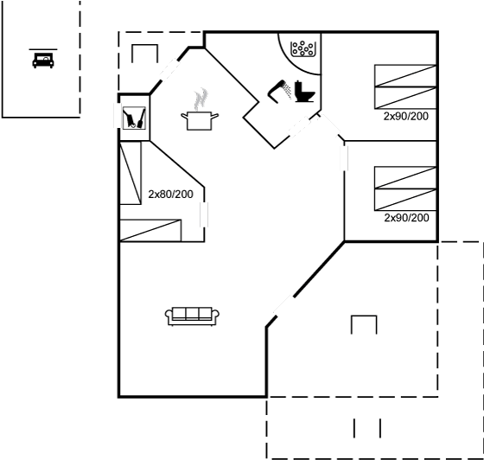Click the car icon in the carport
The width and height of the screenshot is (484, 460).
(43, 61)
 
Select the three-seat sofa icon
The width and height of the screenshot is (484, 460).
(192, 316)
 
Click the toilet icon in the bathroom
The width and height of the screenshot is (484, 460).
(304, 92)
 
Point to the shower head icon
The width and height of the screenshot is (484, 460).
(279, 92)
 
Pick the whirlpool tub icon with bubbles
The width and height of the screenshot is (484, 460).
(303, 48)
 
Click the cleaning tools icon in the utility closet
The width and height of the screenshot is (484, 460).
(134, 118)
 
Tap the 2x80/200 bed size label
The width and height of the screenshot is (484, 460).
(171, 195)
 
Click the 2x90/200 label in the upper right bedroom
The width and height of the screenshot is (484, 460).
(406, 117)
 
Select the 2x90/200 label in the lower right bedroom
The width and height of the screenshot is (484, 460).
(406, 218)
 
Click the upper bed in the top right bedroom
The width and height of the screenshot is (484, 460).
(405, 75)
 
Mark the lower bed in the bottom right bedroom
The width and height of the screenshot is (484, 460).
(405, 200)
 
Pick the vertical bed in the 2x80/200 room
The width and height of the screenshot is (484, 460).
(131, 173)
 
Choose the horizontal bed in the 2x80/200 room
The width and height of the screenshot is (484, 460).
(150, 230)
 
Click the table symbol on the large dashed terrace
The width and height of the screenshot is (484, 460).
(364, 324)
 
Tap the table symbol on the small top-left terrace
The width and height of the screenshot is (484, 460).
(145, 53)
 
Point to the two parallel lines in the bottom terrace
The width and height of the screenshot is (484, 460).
(367, 428)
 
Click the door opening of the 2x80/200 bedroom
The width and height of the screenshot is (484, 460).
(204, 214)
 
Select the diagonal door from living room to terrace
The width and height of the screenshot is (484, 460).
(283, 306)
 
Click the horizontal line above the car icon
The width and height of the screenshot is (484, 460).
(43, 49)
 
